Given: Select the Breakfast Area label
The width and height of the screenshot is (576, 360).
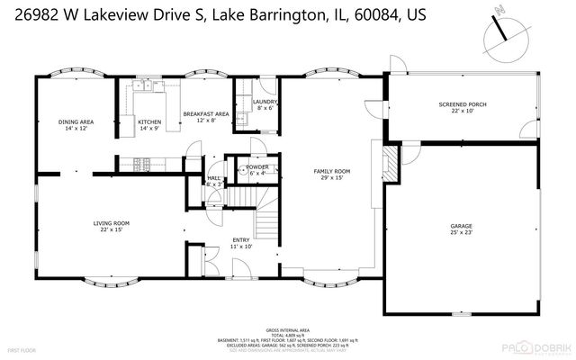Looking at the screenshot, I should [x=205, y=113].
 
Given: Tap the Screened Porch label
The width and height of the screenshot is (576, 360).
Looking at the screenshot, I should [x=463, y=104].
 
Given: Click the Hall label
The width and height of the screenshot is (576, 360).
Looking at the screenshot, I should [x=214, y=179].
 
